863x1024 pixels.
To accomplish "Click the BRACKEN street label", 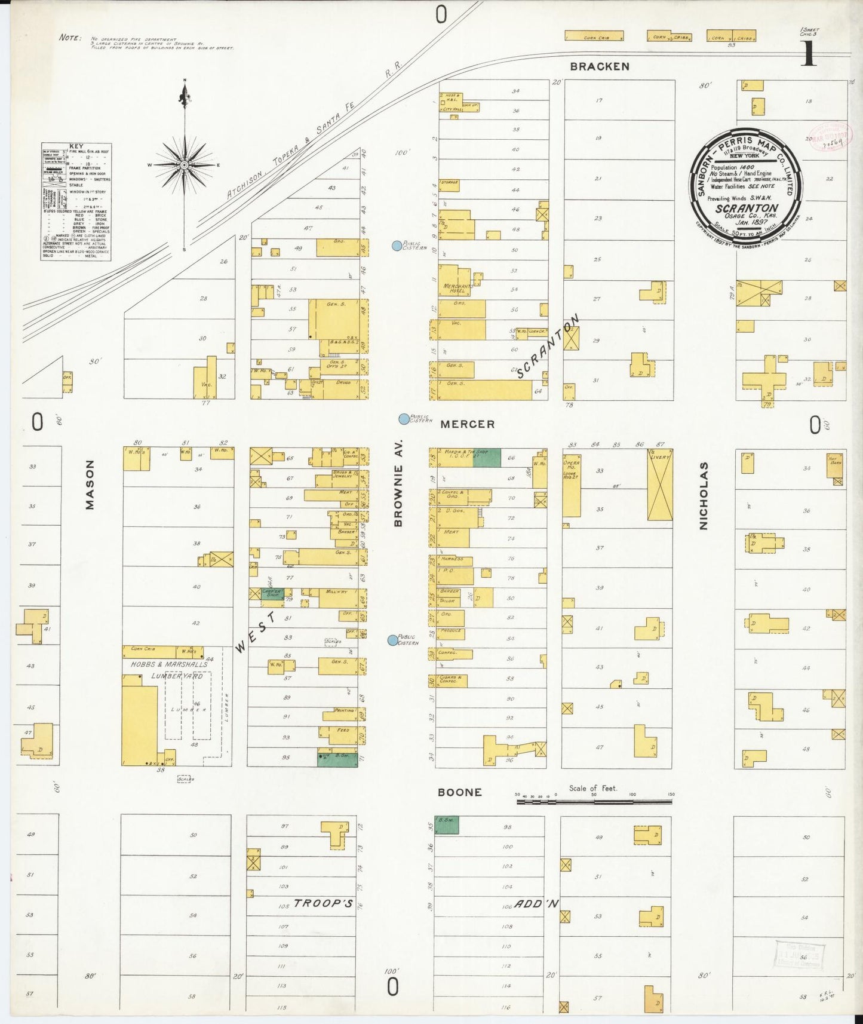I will pyautogui.click(x=599, y=66).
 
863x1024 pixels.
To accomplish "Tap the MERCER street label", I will pyautogui.click(x=467, y=424).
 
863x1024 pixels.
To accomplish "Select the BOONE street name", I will pyautogui.click(x=459, y=792).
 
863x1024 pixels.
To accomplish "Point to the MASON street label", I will pyautogui.click(x=90, y=485).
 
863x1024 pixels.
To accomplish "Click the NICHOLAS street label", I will pyautogui.click(x=704, y=495).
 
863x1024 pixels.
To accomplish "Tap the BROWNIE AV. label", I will pyautogui.click(x=398, y=483).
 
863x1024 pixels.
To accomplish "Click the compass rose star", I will pyautogui.click(x=185, y=164).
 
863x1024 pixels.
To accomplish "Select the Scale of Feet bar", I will pyautogui.click(x=594, y=799).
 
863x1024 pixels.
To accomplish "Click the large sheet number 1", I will pyautogui.click(x=809, y=54).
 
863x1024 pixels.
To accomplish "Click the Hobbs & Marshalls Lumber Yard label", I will pyautogui.click(x=169, y=670).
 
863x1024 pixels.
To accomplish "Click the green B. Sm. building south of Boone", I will pyautogui.click(x=447, y=825).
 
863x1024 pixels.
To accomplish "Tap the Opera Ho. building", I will pyautogui.click(x=571, y=487).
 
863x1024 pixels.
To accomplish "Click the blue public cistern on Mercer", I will pyautogui.click(x=404, y=419).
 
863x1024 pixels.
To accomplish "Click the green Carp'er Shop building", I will pyautogui.click(x=271, y=594).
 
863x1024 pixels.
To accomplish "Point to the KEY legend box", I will pyautogui.click(x=76, y=201).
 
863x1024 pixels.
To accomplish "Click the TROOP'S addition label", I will pyautogui.click(x=323, y=903).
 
